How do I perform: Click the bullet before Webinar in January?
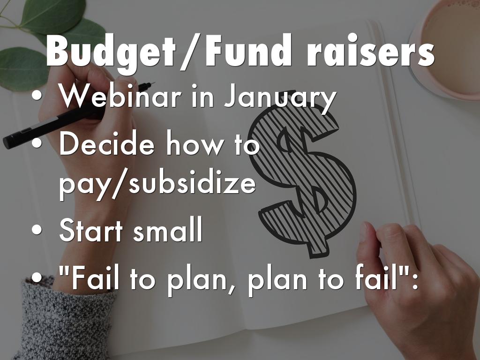point(37,96)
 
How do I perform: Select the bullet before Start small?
point(37,230)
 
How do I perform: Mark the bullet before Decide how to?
point(37,143)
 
